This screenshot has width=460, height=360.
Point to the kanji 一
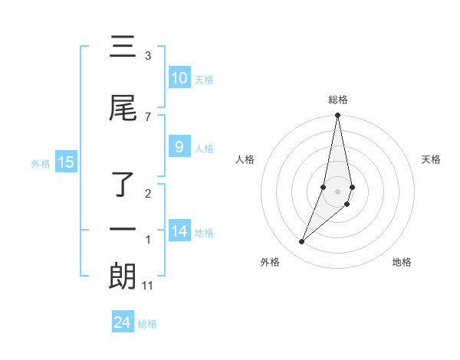pyautogui.click(x=123, y=230)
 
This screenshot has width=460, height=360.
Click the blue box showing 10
pyautogui.click(x=179, y=78)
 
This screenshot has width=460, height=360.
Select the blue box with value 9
pyautogui.click(x=179, y=148)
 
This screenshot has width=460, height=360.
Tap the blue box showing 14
pyautogui.click(x=179, y=232)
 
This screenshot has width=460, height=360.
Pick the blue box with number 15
pyautogui.click(x=65, y=162)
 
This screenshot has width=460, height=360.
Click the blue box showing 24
pyautogui.click(x=123, y=322)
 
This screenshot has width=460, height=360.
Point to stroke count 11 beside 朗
pyautogui.click(x=148, y=286)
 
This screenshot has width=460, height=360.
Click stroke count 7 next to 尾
pyautogui.click(x=148, y=116)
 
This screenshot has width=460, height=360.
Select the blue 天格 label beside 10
pyautogui.click(x=204, y=80)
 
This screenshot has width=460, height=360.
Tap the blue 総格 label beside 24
pyautogui.click(x=147, y=324)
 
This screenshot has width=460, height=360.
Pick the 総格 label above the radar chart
pyautogui.click(x=337, y=100)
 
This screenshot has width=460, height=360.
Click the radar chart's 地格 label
pyautogui.click(x=402, y=262)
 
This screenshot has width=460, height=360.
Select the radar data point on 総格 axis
pyautogui.click(x=337, y=116)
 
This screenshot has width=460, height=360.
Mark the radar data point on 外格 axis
pyautogui.click(x=302, y=241)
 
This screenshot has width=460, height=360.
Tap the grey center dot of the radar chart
pyautogui.click(x=337, y=191)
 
